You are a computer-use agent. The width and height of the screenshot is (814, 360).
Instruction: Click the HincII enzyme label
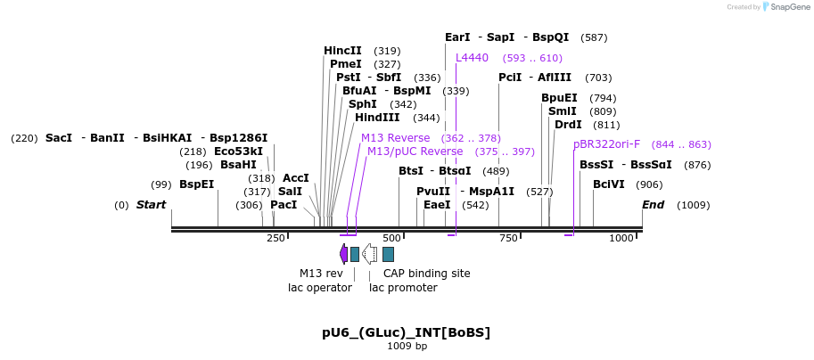click(342, 51)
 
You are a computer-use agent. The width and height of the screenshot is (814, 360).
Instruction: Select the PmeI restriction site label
click(346, 64)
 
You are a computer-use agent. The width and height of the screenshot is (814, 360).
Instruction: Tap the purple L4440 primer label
click(472, 58)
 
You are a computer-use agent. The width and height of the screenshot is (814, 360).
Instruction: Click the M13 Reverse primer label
click(395, 138)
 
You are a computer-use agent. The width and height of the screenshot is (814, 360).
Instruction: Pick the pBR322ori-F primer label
click(606, 144)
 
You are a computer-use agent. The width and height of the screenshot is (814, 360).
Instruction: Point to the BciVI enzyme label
click(609, 184)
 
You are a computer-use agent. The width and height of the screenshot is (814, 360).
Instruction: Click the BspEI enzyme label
click(196, 184)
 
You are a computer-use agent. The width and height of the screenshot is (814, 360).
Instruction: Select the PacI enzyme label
click(284, 205)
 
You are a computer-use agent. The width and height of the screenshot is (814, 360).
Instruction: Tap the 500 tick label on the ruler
click(391, 238)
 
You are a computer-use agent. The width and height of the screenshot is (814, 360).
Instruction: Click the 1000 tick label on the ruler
click(621, 238)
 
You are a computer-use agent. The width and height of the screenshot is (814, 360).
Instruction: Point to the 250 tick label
click(275, 238)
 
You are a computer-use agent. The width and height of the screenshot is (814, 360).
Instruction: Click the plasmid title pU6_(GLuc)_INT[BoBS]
click(406, 332)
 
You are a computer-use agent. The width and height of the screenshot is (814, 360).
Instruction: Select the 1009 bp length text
click(407, 346)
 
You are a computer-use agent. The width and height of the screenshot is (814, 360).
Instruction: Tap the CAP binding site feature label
click(426, 274)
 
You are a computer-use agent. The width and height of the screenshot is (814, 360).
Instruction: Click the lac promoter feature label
click(403, 288)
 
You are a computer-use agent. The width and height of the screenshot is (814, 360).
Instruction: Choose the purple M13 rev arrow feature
click(343, 254)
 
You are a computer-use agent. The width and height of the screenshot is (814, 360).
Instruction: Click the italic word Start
click(151, 205)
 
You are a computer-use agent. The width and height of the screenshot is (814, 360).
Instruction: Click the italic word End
click(654, 205)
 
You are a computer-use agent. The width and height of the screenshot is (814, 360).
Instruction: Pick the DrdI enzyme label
click(568, 125)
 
